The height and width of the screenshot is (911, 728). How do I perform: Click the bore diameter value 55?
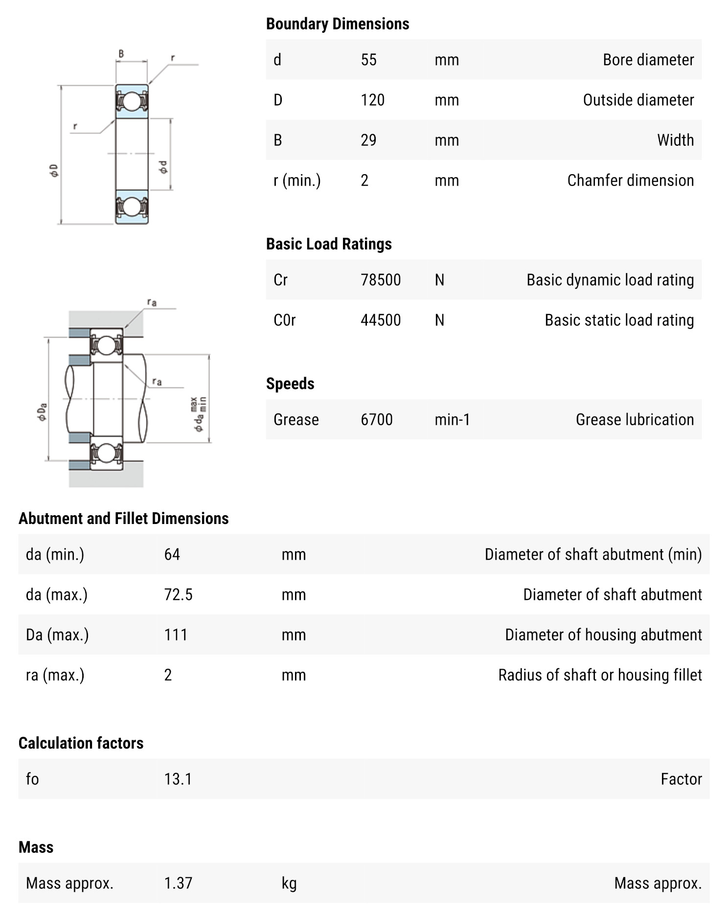pos(368,60)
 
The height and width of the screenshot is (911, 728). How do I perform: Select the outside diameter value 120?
pos(372,100)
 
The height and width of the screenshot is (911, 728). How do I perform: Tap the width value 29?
pos(368,140)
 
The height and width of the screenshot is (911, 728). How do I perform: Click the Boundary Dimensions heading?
pos(337,24)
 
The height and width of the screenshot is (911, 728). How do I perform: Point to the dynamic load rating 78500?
pos(380,280)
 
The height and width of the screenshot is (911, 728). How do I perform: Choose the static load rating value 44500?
pos(380,320)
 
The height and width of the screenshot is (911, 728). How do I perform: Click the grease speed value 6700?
pos(376,420)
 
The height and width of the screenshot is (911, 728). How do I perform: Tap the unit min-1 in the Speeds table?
pos(452,420)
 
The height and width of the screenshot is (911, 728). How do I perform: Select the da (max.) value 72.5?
pos(178,595)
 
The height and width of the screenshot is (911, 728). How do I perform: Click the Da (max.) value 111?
pos(176,635)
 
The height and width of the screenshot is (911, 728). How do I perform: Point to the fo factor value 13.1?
pos(178,779)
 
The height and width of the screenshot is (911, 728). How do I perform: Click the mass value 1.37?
pos(178,884)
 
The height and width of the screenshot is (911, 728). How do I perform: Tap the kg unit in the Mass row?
pos(289,884)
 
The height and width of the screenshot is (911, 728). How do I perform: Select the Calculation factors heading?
pos(81,743)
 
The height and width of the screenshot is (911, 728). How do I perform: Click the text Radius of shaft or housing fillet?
pos(600,675)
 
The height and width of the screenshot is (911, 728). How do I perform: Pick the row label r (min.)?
pos(297,181)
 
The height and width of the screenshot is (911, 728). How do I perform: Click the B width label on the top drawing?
pos(121,54)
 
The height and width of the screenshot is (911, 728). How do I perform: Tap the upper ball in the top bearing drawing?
pos(132,101)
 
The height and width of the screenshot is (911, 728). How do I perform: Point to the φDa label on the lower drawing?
pos(42,411)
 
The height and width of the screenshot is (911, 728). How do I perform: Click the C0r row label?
pos(285,320)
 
